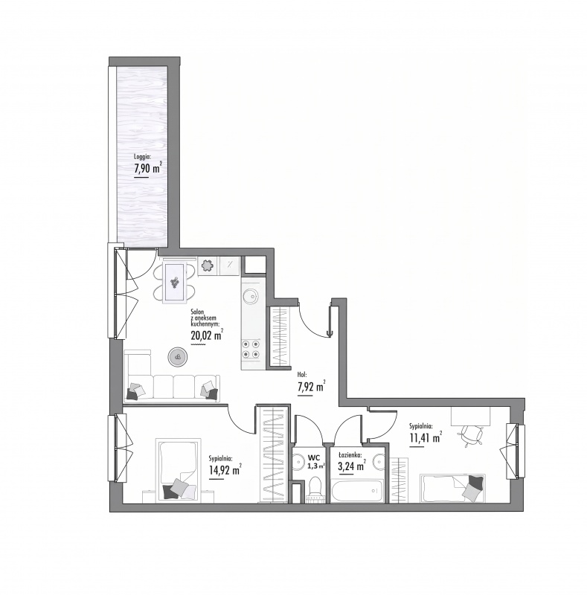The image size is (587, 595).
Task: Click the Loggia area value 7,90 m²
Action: point(148,168)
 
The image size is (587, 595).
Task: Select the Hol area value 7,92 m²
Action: point(311,387)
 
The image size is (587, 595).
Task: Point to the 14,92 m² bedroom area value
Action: point(225,470)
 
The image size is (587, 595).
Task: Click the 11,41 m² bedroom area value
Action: point(426,437)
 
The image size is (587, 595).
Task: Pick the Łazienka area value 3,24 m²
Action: point(352,466)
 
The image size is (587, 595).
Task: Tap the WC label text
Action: point(314,457)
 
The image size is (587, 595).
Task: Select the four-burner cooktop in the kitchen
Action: point(251,349)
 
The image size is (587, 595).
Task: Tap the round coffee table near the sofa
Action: point(178,357)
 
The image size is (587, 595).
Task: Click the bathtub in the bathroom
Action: point(357,491)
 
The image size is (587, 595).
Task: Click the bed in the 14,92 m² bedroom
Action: point(178,470)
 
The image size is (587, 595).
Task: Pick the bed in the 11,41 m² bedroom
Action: point(452,489)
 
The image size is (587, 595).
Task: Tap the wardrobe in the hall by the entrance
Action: point(279,338)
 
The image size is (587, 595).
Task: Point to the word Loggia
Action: point(143,156)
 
